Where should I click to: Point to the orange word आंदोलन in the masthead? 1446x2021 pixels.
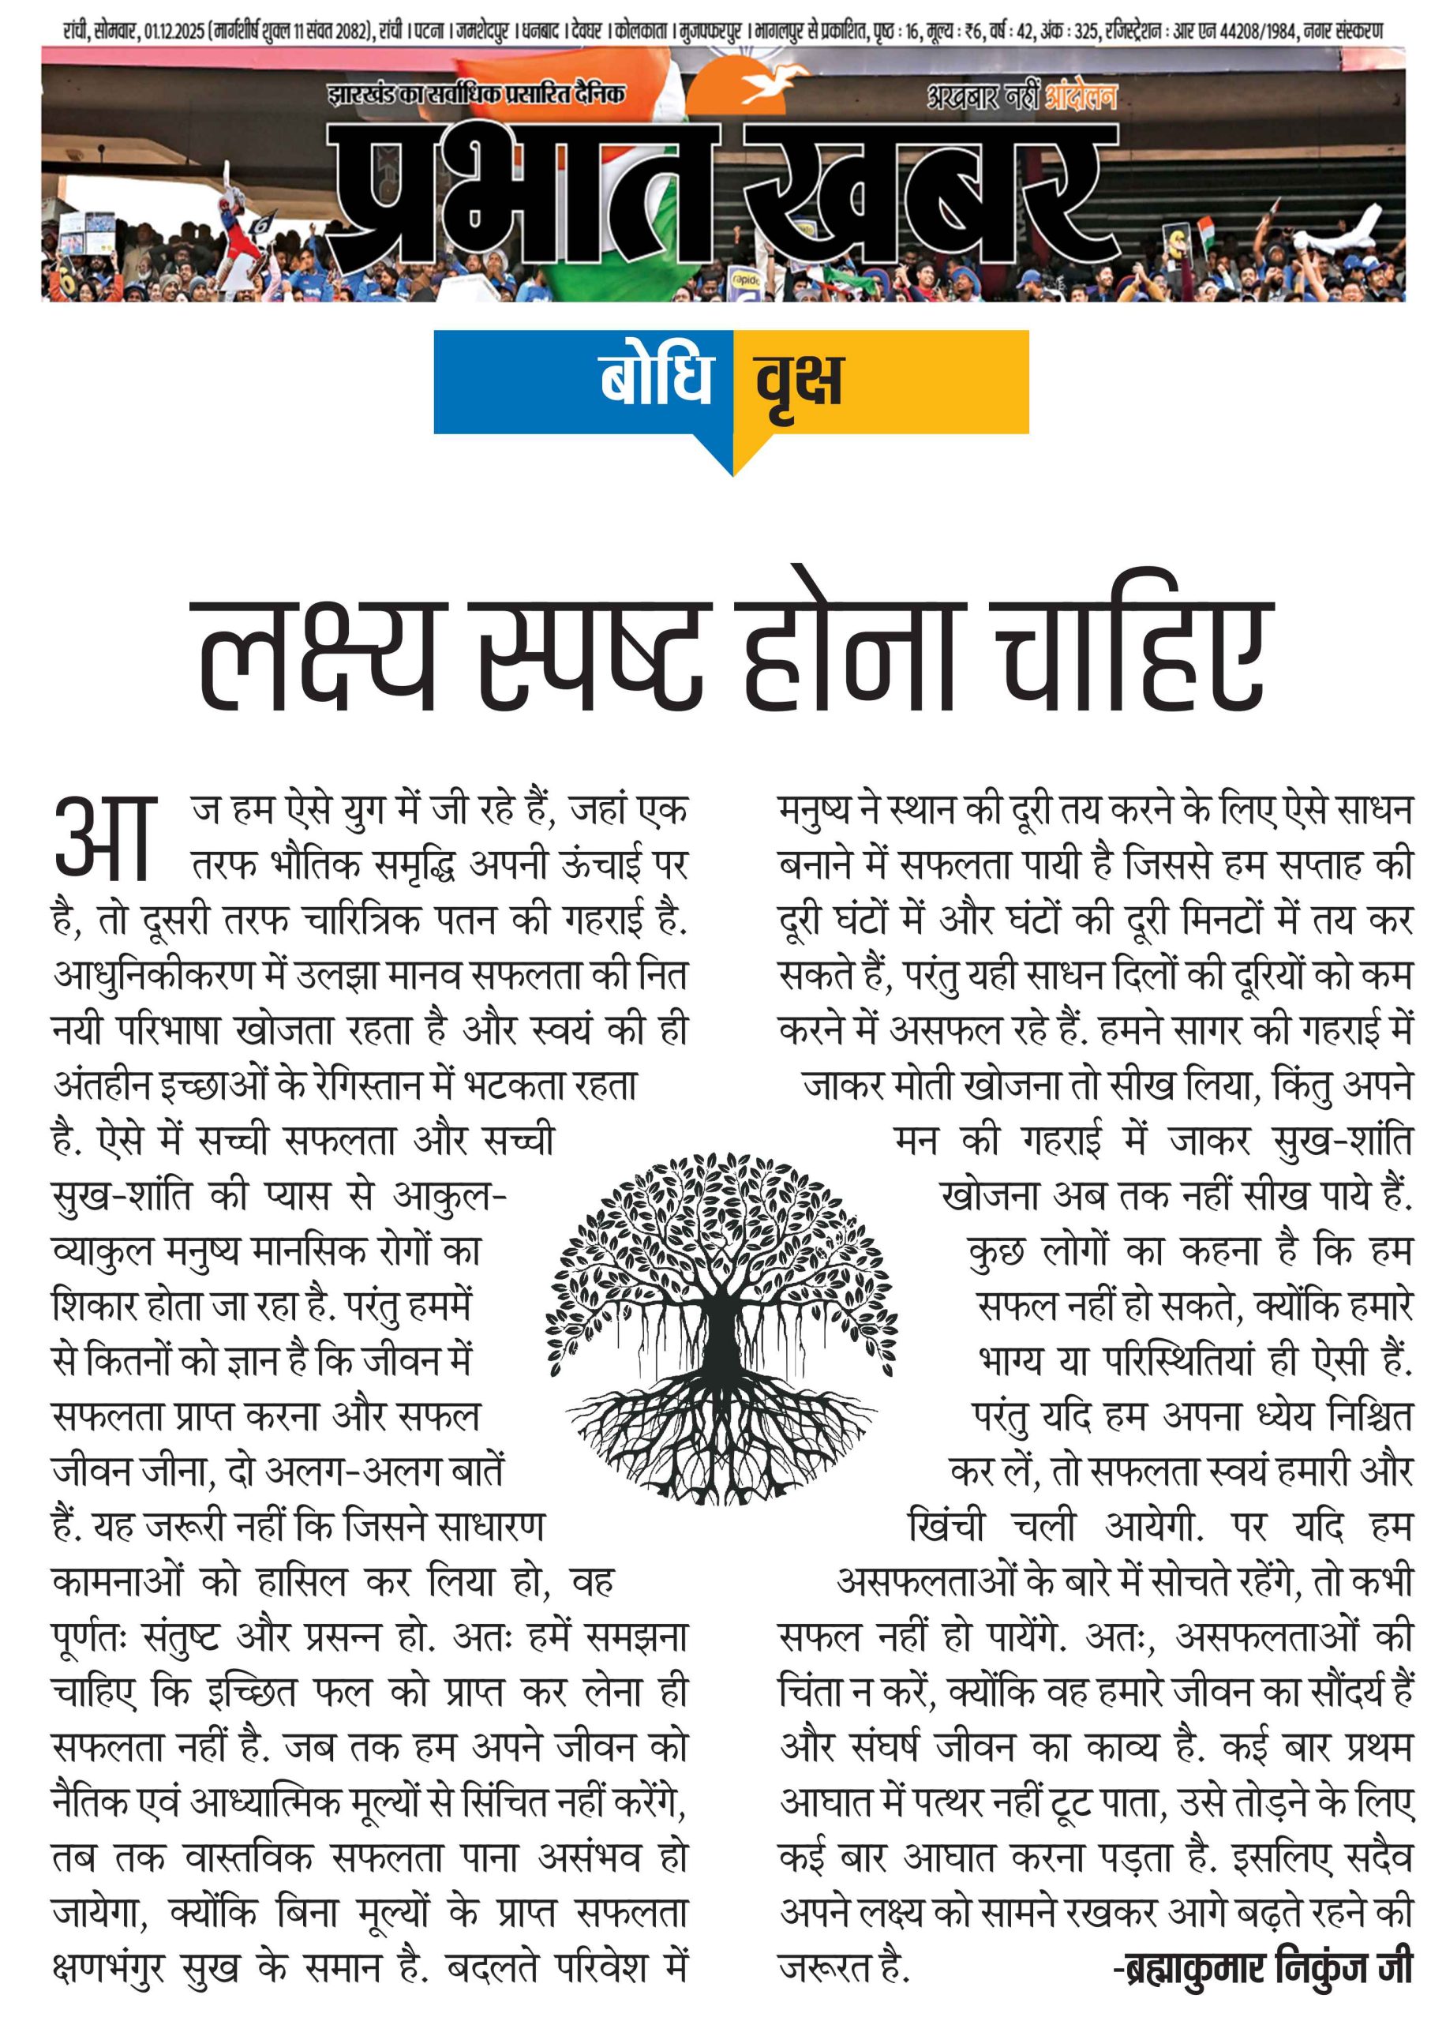[x=1079, y=96]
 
